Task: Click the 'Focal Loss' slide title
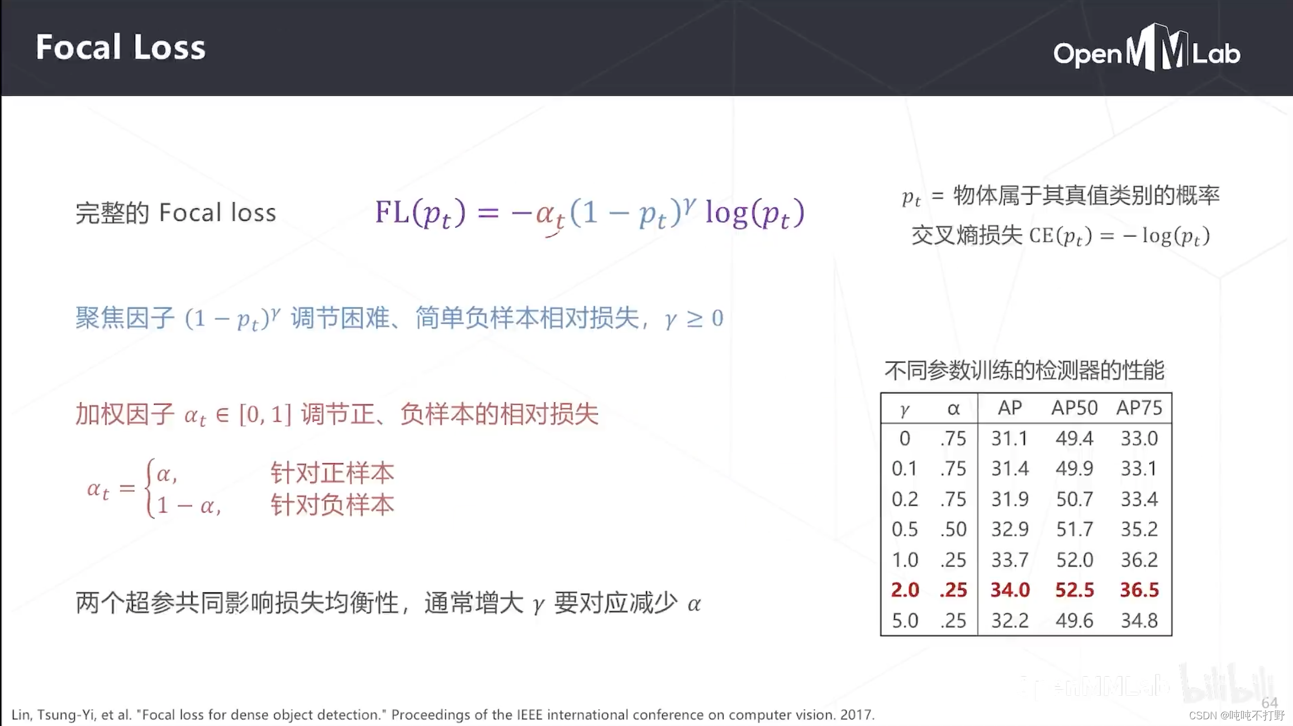(x=120, y=48)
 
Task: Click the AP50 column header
(x=1074, y=408)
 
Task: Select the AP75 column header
(x=1139, y=408)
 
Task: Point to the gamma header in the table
(x=905, y=409)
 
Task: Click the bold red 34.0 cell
(x=1010, y=590)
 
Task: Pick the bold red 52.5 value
(x=1074, y=590)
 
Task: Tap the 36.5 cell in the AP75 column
(x=1139, y=590)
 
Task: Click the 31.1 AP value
(x=1010, y=438)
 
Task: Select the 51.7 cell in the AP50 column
(x=1074, y=529)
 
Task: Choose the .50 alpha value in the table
(x=953, y=529)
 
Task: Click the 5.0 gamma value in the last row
(x=905, y=620)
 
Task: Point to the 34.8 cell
(x=1139, y=620)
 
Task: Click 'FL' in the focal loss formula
(x=392, y=212)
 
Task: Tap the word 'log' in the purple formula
(x=726, y=213)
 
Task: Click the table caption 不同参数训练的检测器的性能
(x=1024, y=370)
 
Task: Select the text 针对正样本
(x=332, y=473)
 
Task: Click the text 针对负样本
(x=332, y=505)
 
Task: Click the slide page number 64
(x=1270, y=703)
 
